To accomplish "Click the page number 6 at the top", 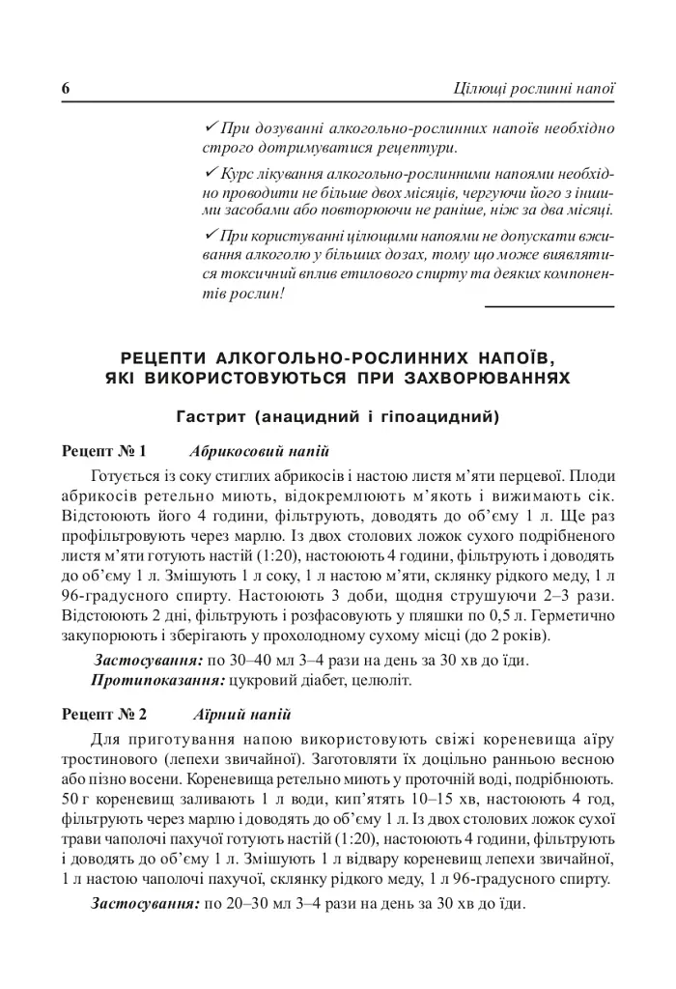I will click(67, 90).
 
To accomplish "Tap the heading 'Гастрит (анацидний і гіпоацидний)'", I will click(337, 418).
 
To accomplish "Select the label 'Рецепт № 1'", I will click(103, 451).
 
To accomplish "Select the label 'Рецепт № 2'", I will click(103, 716).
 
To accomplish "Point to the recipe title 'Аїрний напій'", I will click(240, 716).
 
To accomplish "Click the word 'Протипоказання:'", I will click(157, 681).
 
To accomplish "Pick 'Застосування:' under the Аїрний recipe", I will click(145, 905).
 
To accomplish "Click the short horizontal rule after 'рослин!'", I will click(548, 306).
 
